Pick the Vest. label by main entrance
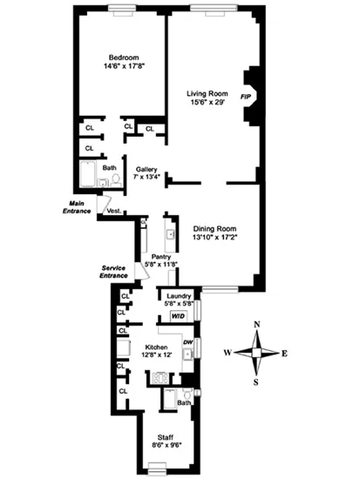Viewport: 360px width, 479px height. click(x=114, y=211)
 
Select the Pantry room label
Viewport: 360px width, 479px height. click(x=160, y=256)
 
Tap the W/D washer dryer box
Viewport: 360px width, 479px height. click(x=179, y=316)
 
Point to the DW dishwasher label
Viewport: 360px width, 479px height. click(x=187, y=343)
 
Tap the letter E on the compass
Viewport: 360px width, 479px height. click(x=286, y=353)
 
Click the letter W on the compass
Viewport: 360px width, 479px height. click(x=226, y=353)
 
